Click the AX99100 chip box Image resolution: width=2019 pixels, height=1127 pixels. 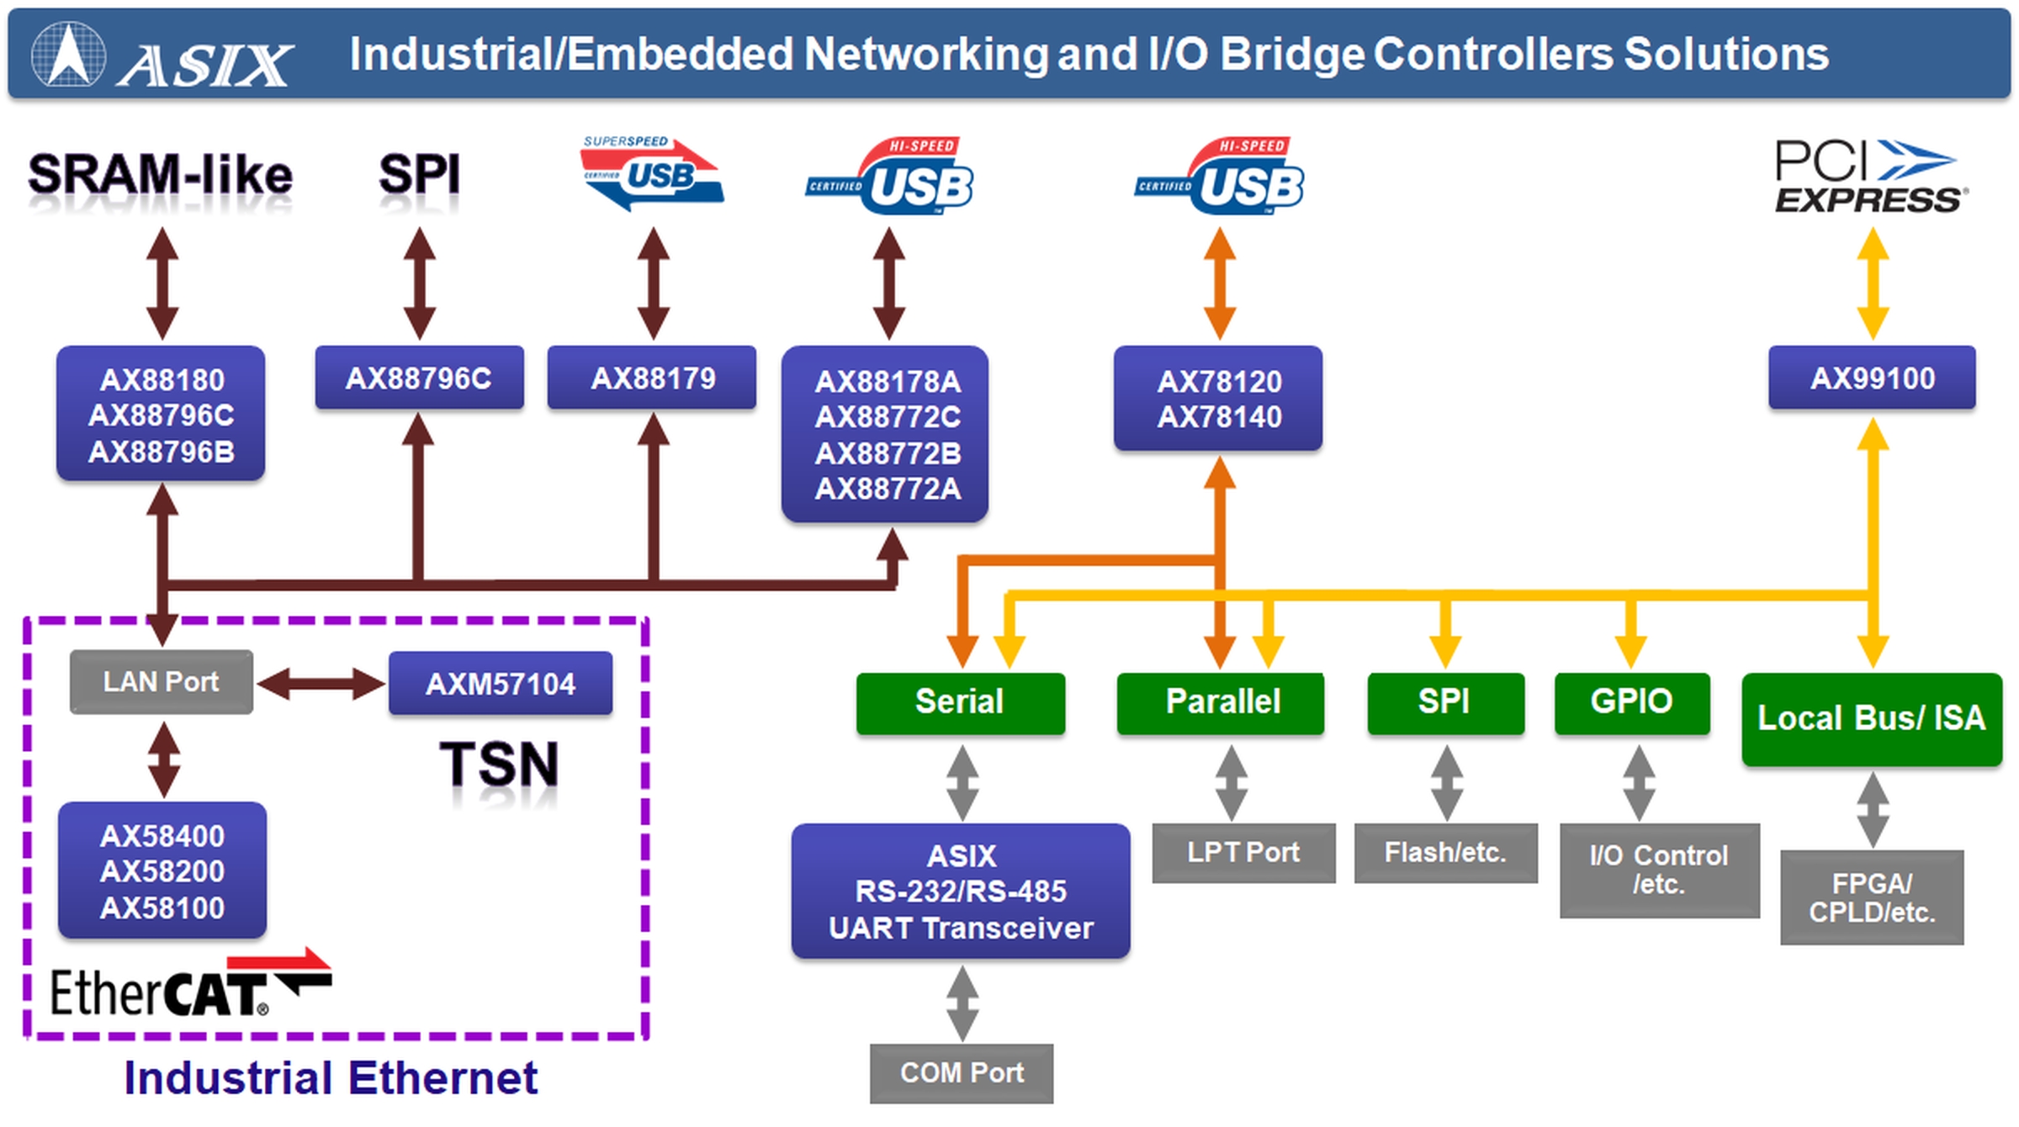[1872, 378]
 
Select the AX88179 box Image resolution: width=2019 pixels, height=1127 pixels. [652, 378]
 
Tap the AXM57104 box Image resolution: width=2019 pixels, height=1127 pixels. [501, 683]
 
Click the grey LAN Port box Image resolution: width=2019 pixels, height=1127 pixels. [161, 681]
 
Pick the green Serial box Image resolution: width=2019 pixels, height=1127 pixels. [960, 702]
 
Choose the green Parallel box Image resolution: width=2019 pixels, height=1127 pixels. [1221, 702]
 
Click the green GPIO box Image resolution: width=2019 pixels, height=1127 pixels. [1631, 702]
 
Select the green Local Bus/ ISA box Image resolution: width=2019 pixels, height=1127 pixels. [1871, 718]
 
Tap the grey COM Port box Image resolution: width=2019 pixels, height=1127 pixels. [962, 1072]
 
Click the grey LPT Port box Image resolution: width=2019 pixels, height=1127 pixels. [1243, 852]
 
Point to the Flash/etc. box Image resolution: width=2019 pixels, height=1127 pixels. [1445, 852]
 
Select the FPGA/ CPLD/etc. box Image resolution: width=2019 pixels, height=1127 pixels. [1872, 897]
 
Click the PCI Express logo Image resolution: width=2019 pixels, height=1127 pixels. [1869, 177]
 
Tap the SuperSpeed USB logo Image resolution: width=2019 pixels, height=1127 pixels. [652, 172]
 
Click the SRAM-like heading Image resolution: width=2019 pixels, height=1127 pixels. [160, 175]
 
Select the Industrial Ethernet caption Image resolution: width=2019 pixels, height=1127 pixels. [331, 1078]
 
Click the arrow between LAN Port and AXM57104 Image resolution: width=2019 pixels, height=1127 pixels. [321, 683]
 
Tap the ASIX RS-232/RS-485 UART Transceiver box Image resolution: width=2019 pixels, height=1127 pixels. [961, 892]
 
